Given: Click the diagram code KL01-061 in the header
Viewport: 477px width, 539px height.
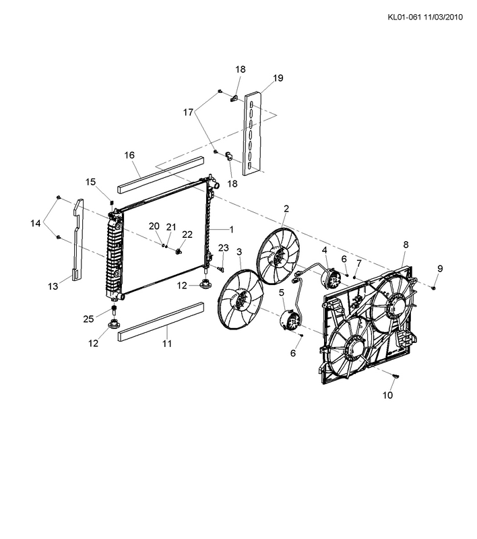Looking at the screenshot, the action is coord(404,18).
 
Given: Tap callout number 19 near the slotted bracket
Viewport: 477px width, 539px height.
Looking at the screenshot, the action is coord(278,78).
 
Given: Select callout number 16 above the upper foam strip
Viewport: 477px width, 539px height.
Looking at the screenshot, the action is coord(129,156).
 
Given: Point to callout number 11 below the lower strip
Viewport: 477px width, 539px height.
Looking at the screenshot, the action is coord(167,344).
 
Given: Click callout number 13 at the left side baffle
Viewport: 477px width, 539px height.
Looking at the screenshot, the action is coord(53,286).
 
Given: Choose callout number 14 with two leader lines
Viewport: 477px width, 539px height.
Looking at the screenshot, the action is coord(36,224).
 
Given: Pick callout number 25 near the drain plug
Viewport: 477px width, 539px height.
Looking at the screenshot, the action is coord(88,319).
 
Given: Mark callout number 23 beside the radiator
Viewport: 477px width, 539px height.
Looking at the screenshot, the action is coord(224,248).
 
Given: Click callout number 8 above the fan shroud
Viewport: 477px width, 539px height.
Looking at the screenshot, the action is coord(406,245).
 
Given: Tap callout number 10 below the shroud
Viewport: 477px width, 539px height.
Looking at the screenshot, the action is coord(387,395).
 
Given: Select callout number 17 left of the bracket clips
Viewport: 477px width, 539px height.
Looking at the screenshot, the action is coord(188,113).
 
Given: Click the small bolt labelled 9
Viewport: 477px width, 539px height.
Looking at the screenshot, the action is coord(433,288).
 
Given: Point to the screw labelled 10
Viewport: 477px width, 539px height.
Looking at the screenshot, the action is coord(395,377).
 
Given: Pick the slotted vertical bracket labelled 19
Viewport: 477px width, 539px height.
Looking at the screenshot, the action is coord(253,133).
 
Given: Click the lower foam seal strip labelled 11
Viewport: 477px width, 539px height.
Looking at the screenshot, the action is coord(161,321).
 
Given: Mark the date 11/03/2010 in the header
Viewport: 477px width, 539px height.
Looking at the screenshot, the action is coord(443,18).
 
